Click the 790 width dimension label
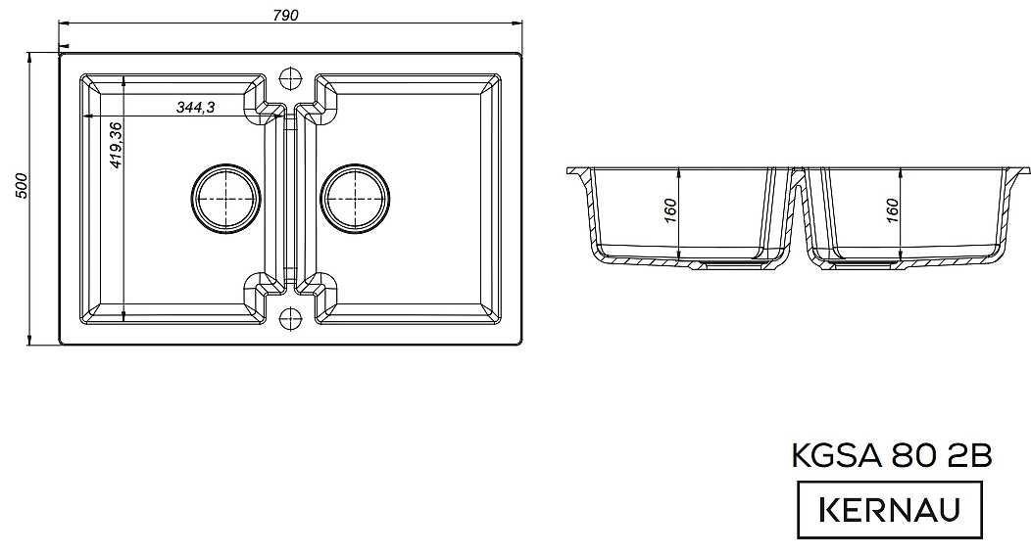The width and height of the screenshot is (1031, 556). [285, 15]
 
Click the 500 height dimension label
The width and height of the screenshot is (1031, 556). [21, 186]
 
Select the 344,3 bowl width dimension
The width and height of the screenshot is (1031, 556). [195, 107]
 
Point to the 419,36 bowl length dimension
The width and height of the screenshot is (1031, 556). [116, 145]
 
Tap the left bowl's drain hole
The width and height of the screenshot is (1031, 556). [225, 198]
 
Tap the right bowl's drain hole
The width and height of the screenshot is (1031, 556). [355, 198]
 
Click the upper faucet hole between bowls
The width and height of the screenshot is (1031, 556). [290, 77]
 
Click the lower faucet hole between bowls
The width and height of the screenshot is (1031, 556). [290, 318]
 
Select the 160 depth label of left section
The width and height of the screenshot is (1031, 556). [670, 210]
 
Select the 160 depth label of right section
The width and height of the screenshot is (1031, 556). [892, 210]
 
